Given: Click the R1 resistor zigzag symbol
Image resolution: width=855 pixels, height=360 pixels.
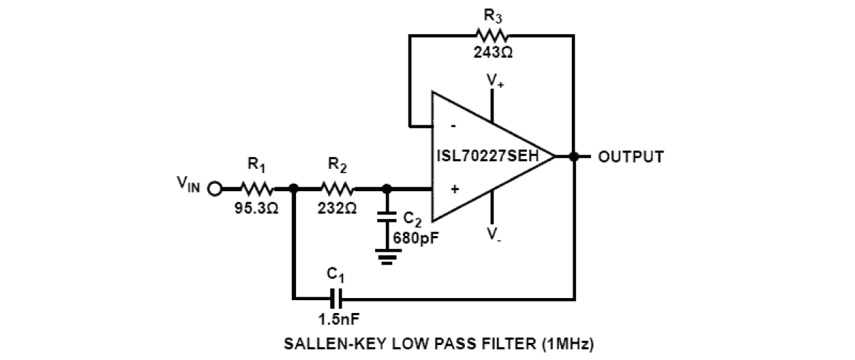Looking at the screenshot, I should [x=257, y=189].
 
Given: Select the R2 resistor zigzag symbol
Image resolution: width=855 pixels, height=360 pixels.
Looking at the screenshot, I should [x=337, y=189].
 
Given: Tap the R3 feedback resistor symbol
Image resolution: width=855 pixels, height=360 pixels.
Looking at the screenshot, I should [x=493, y=35].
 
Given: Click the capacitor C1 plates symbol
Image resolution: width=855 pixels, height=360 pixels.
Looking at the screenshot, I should [x=336, y=298].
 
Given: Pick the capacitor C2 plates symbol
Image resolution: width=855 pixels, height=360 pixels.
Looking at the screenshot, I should [x=387, y=217].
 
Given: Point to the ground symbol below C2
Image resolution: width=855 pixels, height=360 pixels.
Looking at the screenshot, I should [x=387, y=257].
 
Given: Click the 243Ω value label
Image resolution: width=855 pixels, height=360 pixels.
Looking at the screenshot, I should [x=493, y=54].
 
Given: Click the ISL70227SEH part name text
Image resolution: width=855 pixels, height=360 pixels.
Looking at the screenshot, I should [x=487, y=157].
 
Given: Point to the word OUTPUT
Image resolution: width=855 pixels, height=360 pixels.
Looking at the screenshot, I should [x=630, y=157].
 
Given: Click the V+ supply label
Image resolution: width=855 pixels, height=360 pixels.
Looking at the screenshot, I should [x=494, y=81].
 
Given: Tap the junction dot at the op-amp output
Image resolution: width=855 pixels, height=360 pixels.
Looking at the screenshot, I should [x=574, y=157].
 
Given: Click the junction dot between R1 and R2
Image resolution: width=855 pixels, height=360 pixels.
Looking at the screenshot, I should [x=293, y=189].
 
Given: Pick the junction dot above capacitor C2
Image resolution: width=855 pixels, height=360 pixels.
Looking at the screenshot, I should [x=387, y=189].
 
